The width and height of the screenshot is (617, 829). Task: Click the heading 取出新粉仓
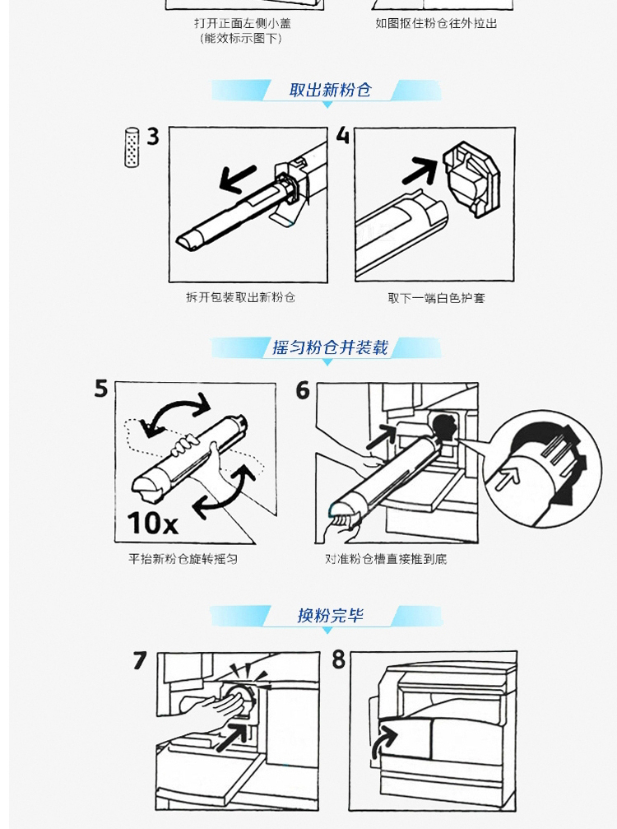pyautogui.click(x=330, y=90)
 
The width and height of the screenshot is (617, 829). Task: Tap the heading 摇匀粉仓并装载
pyautogui.click(x=330, y=347)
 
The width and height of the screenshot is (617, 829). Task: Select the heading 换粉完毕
pyautogui.click(x=330, y=615)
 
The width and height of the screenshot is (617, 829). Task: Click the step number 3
pyautogui.click(x=153, y=137)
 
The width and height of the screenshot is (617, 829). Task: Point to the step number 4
pyautogui.click(x=343, y=136)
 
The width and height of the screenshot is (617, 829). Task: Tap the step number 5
pyautogui.click(x=101, y=388)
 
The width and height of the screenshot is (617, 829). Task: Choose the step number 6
pyautogui.click(x=303, y=390)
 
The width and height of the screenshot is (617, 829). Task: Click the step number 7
pyautogui.click(x=140, y=660)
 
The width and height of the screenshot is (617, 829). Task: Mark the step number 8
pyautogui.click(x=339, y=659)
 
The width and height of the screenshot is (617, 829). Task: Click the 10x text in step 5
pyautogui.click(x=152, y=523)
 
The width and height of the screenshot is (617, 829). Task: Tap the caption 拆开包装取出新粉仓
pyautogui.click(x=240, y=297)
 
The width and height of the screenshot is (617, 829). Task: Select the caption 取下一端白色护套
pyautogui.click(x=436, y=298)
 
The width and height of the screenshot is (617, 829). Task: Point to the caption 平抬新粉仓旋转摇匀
pyautogui.click(x=183, y=558)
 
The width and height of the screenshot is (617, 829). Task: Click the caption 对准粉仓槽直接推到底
pyautogui.click(x=386, y=558)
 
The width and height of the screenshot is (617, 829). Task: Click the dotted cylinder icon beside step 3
pyautogui.click(x=132, y=147)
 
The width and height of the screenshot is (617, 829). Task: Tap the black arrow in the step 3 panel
pyautogui.click(x=237, y=179)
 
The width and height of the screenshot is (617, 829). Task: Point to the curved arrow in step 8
pyautogui.click(x=383, y=741)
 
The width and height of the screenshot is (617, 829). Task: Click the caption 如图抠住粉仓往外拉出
pyautogui.click(x=436, y=23)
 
